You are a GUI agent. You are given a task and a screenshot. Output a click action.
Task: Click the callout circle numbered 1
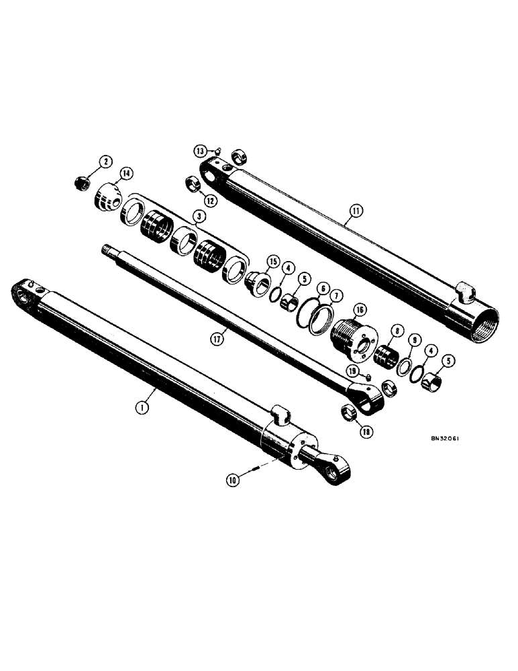[142, 405]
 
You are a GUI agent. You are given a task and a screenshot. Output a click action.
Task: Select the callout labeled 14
[123, 173]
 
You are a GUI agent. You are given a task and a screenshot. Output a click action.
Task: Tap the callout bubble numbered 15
[272, 260]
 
